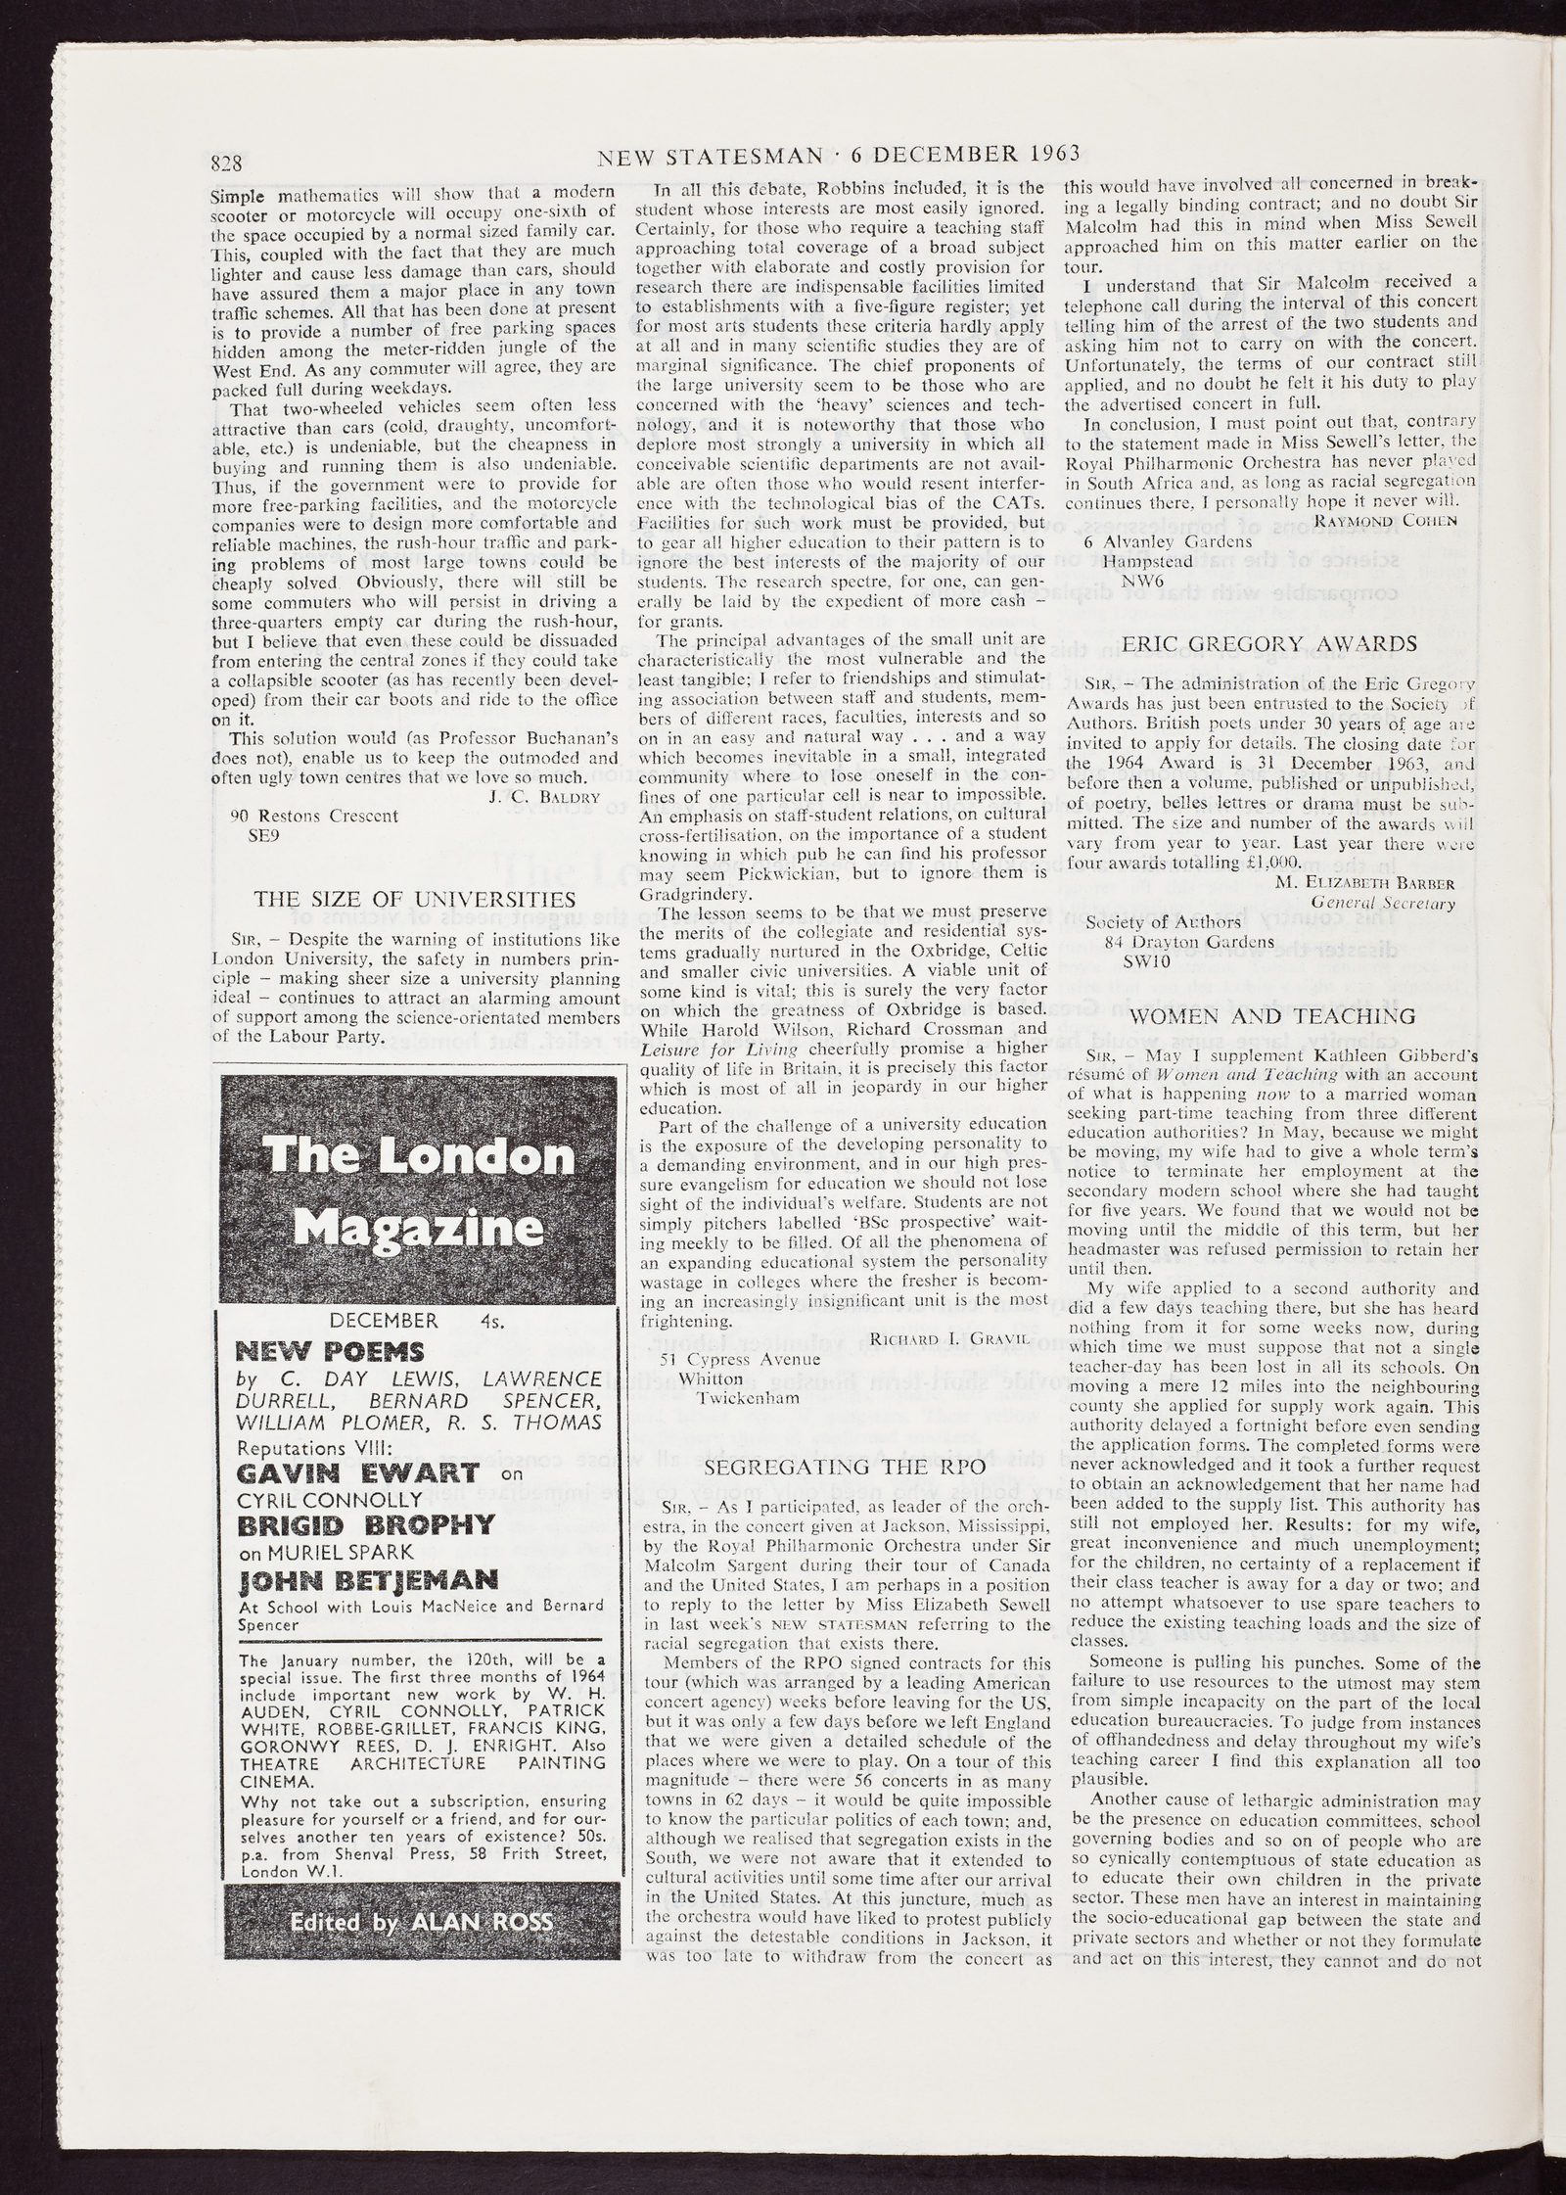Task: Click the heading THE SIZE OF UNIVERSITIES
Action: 415,899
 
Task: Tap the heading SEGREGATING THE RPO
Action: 844,1467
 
